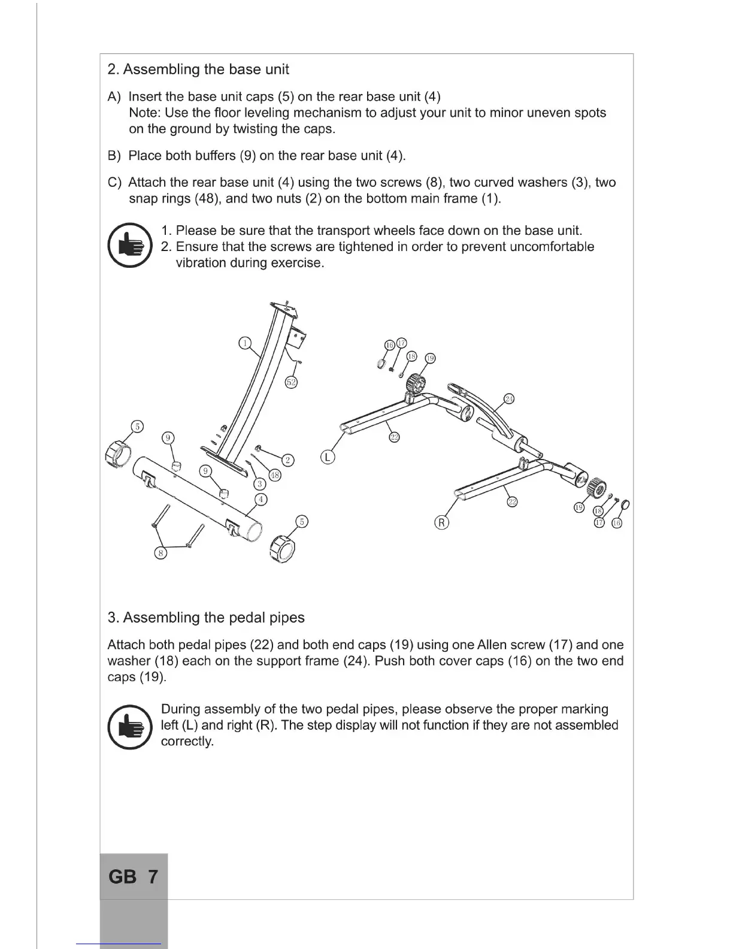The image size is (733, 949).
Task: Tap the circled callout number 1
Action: point(244,343)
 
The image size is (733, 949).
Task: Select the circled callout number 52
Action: point(291,382)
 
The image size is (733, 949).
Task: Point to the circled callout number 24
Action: point(509,399)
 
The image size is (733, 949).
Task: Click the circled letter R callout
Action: point(441,523)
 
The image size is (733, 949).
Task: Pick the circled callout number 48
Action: point(274,476)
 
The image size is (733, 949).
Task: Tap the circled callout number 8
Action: point(160,553)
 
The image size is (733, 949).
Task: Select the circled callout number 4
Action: point(261,499)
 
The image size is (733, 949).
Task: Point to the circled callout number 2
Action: point(288,460)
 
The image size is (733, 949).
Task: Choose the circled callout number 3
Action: point(260,483)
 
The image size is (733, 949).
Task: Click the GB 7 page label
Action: point(133,877)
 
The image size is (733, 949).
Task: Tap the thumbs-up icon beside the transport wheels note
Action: point(129,246)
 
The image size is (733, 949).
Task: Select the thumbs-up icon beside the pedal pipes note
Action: point(129,727)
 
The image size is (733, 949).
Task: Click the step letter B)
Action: point(114,156)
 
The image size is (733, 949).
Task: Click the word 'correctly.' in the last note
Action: point(187,742)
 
